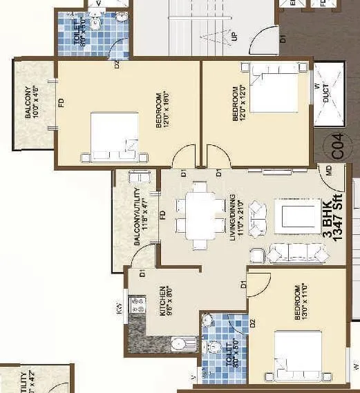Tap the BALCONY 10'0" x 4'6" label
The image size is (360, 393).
click(x=32, y=102)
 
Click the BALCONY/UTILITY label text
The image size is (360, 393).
click(x=138, y=215)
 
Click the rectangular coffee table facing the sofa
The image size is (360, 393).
click(x=290, y=215)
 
